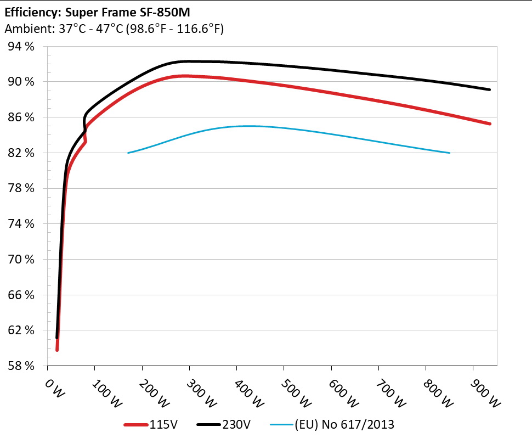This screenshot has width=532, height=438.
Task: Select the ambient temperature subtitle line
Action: pos(114,29)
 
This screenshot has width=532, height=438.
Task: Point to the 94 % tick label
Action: pos(21,47)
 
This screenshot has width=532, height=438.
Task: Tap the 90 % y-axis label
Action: pos(21,82)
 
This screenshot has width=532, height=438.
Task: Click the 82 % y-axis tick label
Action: pos(21,153)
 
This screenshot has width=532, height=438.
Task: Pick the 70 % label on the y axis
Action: pos(21,259)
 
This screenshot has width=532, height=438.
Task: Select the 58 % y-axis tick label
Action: pos(21,366)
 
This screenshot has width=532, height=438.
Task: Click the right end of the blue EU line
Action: pos(450,153)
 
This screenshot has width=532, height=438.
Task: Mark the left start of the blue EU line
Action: pos(128,153)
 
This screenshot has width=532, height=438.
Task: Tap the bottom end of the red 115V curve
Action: pos(57,350)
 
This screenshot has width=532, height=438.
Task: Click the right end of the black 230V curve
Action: pos(489,89)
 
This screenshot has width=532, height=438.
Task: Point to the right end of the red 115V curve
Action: pos(489,124)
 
